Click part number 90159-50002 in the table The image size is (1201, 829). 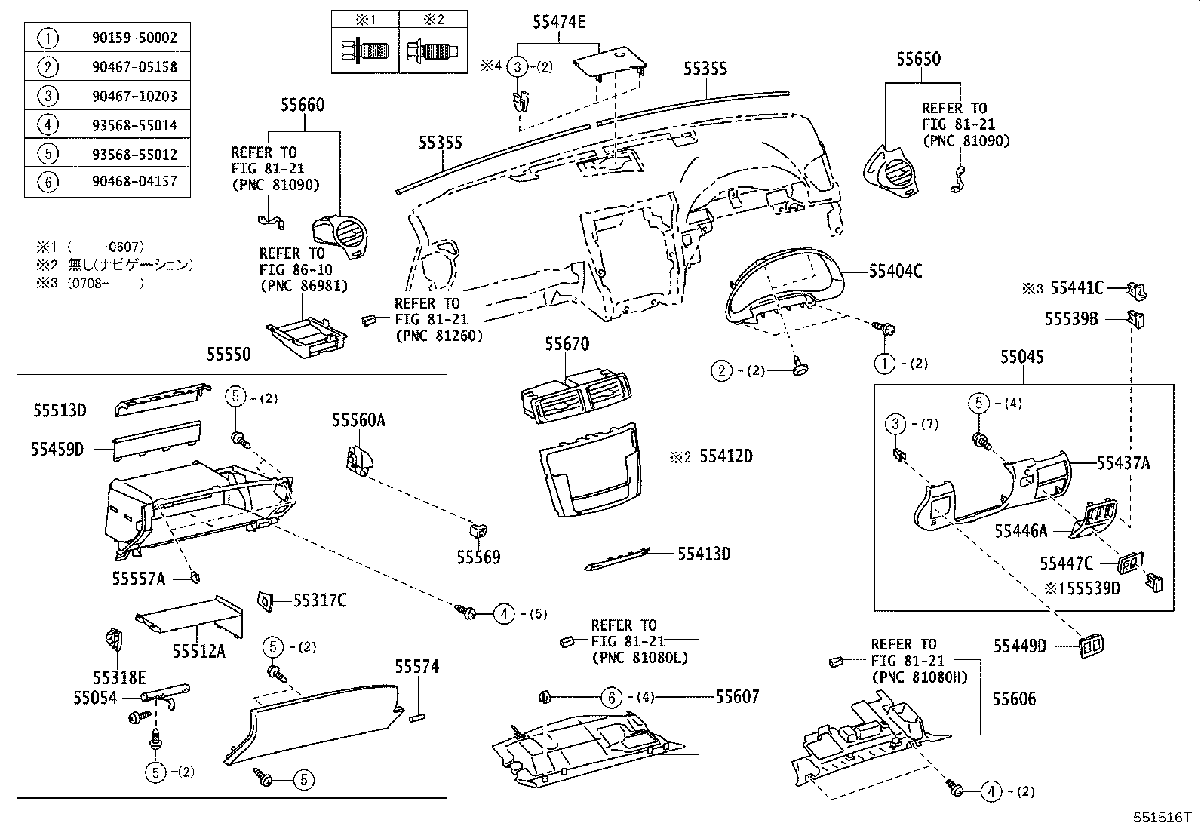[x=132, y=38]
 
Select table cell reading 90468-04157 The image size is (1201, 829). [x=132, y=183]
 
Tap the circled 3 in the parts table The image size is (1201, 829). [x=48, y=96]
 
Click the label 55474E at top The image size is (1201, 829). [x=559, y=22]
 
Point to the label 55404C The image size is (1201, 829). [x=895, y=272]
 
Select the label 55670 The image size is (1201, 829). [x=567, y=345]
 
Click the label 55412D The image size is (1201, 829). [x=726, y=456]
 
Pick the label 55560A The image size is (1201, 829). [x=358, y=420]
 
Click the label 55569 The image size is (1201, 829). [x=478, y=557]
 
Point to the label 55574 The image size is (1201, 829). [x=417, y=667]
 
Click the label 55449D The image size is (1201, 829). [x=1020, y=646]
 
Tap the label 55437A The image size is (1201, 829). [x=1123, y=463]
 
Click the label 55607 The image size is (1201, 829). [x=737, y=697]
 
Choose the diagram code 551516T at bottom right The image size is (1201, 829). [x=1160, y=818]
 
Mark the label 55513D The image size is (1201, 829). [x=60, y=410]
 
